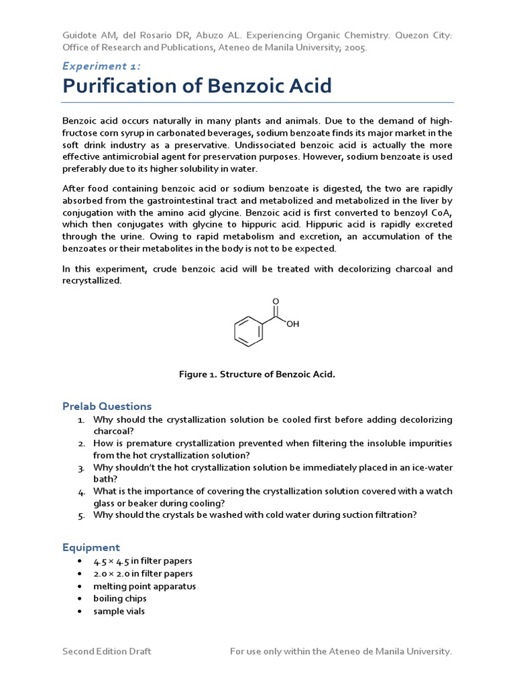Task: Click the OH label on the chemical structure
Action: [292, 324]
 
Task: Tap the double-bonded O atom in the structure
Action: [276, 302]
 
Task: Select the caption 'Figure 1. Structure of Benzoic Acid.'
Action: [257, 374]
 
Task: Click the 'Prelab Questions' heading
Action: [107, 406]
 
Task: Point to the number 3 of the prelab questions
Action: [80, 468]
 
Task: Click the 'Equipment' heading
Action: [91, 547]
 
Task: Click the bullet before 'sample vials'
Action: [79, 611]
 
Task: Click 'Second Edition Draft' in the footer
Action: [107, 651]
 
